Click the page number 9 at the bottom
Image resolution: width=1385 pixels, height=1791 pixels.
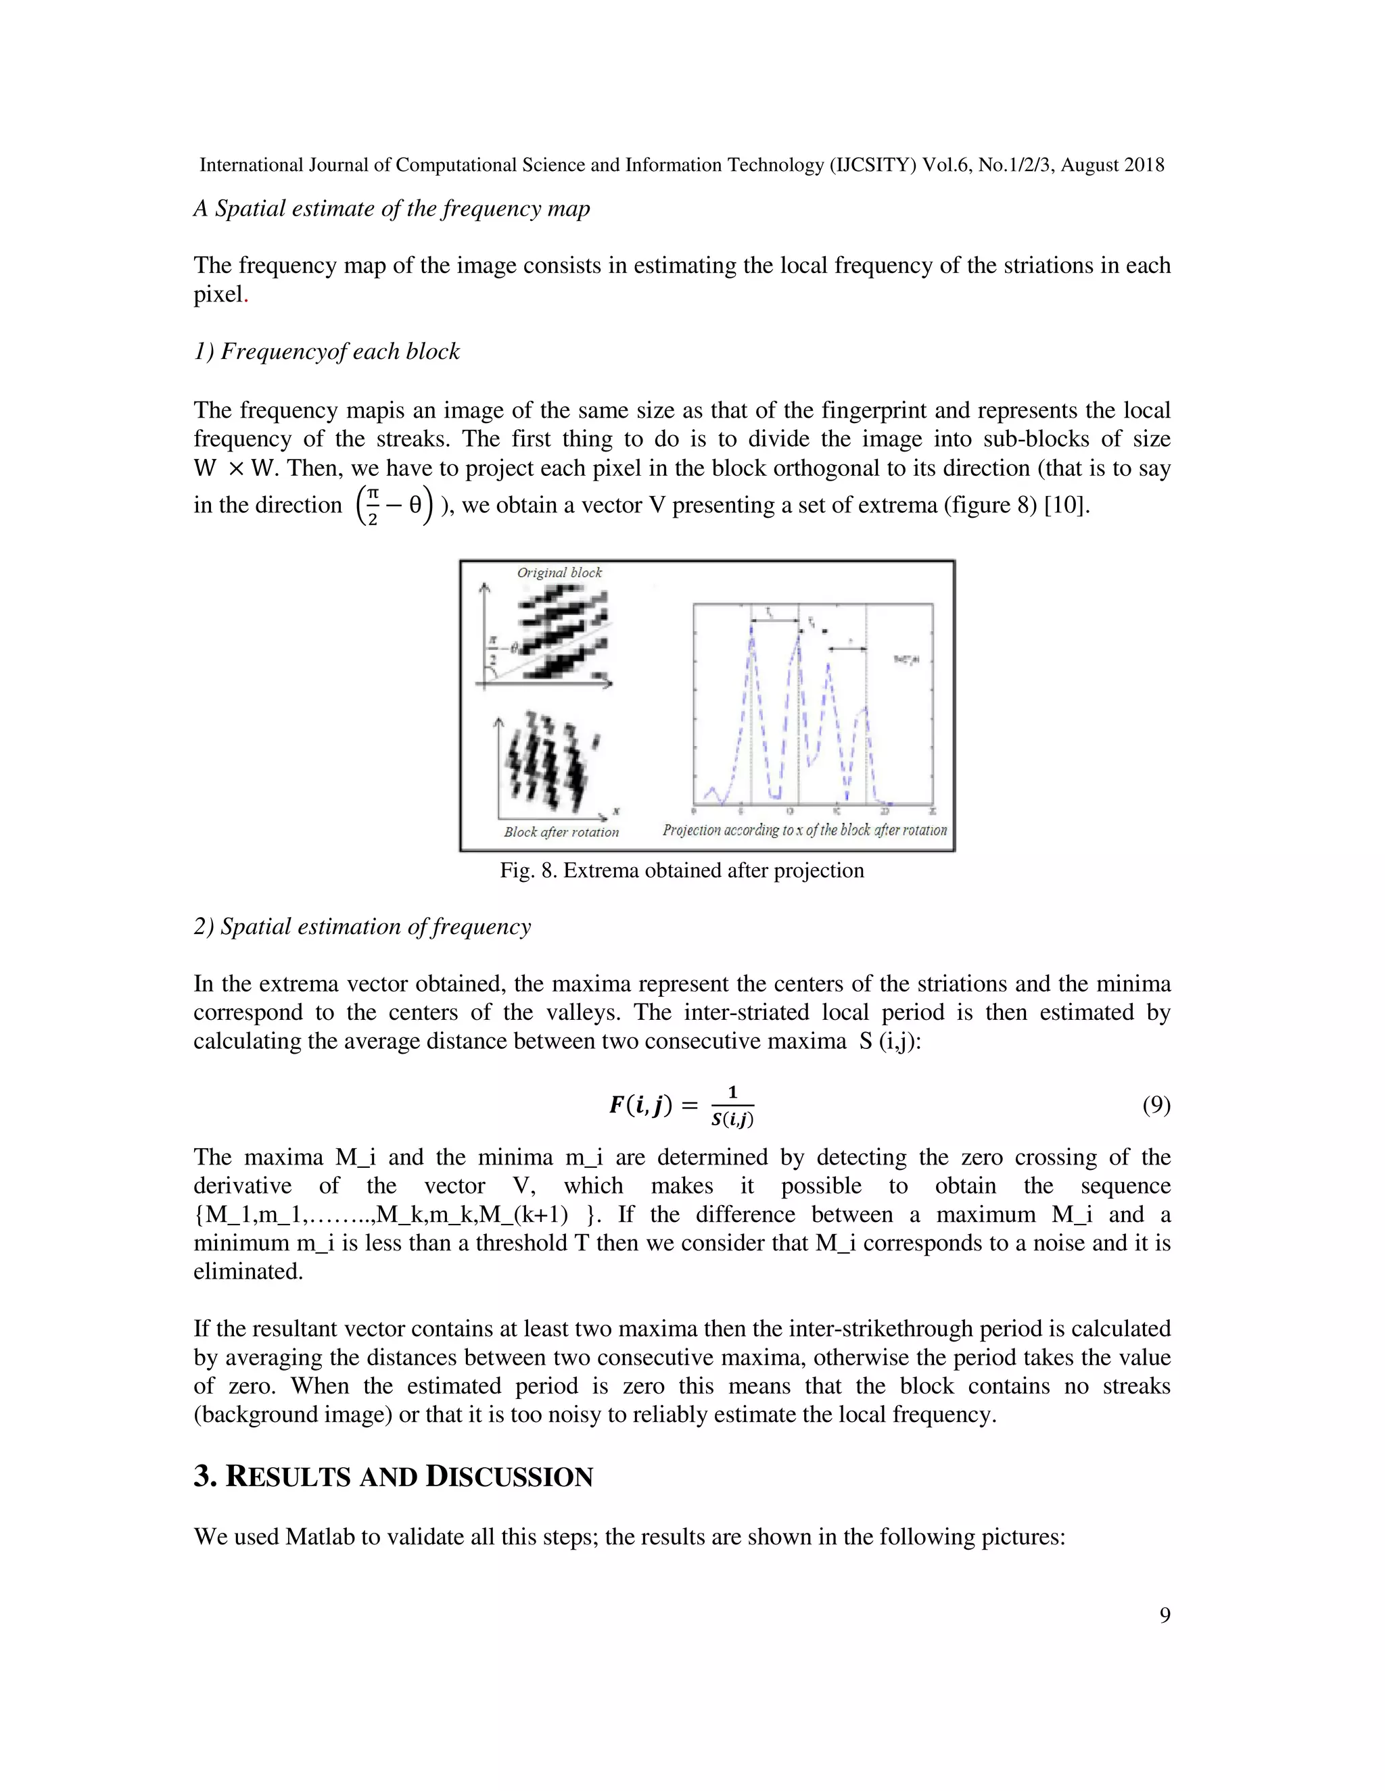pos(1165,1615)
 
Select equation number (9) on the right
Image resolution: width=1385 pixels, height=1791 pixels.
pos(1156,1106)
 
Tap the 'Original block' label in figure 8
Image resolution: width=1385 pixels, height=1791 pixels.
pos(559,572)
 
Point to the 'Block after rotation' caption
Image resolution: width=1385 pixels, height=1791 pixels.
pos(561,831)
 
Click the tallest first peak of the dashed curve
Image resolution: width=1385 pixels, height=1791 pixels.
pos(751,625)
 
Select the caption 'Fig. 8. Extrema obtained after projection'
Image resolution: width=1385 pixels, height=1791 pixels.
pos(682,870)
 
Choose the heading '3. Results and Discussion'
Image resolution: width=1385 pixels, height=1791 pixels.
pos(393,1476)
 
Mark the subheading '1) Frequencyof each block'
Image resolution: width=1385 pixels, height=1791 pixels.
pos(327,352)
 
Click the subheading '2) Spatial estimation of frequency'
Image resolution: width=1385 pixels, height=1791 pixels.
pos(362,927)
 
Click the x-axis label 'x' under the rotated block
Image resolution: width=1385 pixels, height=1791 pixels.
pos(615,811)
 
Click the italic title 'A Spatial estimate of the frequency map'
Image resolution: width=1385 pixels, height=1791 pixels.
pos(392,208)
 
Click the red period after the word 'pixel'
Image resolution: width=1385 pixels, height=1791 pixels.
pos(245,297)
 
